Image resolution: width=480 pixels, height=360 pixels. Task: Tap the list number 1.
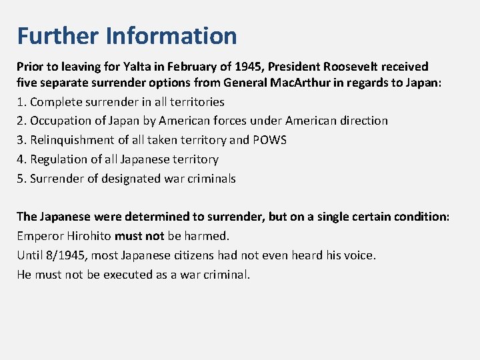pyautogui.click(x=21, y=102)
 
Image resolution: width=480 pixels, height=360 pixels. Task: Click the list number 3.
pyautogui.click(x=21, y=140)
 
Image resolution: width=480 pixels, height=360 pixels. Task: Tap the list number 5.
pyautogui.click(x=21, y=179)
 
